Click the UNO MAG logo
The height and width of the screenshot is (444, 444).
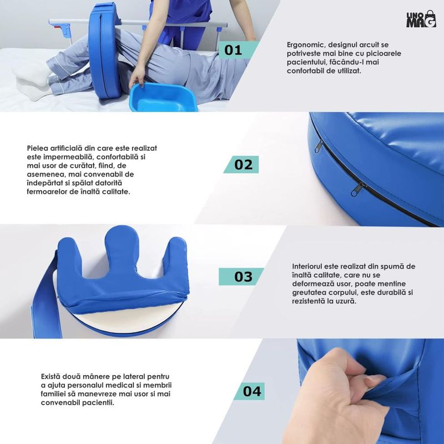coord(421,19)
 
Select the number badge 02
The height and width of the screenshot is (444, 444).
coord(241,164)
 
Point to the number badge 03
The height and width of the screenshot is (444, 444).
coord(241,276)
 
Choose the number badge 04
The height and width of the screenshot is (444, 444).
coord(249,391)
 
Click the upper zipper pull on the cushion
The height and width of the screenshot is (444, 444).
coord(319,146)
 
